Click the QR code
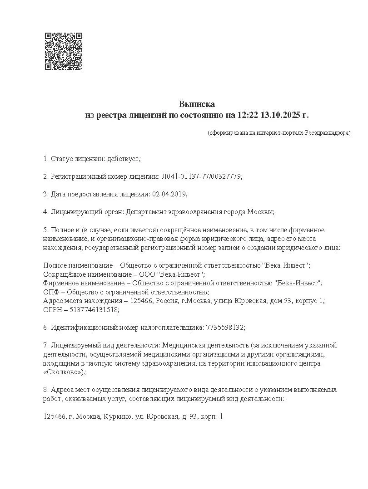tap(63, 51)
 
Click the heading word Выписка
tap(196, 104)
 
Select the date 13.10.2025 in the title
tap(280, 115)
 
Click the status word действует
tap(124, 159)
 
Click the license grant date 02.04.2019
tap(169, 194)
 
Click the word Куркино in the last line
tap(118, 416)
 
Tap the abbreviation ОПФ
tap(51, 292)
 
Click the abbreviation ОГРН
tap(53, 309)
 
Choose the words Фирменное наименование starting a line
tap(81, 283)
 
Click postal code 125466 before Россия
tap(141, 301)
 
